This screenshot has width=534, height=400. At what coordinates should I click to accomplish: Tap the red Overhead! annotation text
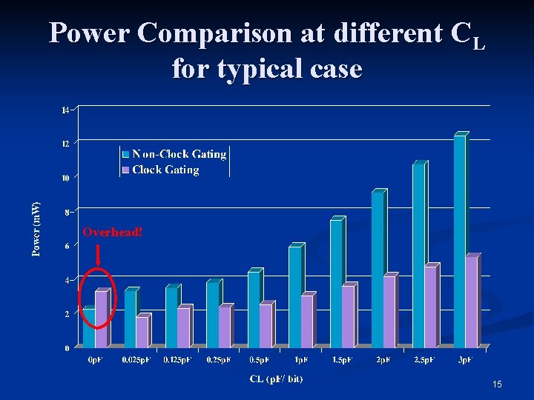[113, 232]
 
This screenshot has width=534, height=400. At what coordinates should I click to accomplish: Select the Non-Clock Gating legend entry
[178, 154]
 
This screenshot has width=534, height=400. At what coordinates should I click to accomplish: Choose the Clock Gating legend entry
[165, 170]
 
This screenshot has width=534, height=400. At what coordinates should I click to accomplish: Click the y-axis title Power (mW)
[36, 219]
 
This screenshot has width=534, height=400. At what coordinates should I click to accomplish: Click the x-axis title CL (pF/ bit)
[276, 379]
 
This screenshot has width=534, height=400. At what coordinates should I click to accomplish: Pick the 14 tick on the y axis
[65, 110]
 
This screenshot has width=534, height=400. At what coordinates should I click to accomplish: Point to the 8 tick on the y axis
[67, 212]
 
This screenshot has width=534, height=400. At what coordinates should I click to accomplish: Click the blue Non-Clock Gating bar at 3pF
[460, 241]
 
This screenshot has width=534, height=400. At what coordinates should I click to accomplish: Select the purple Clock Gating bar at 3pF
[472, 302]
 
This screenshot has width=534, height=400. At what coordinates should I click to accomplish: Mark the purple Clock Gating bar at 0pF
[102, 319]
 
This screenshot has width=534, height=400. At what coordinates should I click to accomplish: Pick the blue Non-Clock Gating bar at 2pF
[378, 270]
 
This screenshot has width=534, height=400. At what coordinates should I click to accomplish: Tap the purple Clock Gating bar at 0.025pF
[142, 332]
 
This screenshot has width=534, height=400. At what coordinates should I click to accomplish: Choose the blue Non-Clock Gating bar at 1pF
[295, 296]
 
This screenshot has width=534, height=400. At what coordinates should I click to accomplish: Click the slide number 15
[496, 384]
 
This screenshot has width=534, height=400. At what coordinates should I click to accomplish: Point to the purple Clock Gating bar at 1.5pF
[348, 316]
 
